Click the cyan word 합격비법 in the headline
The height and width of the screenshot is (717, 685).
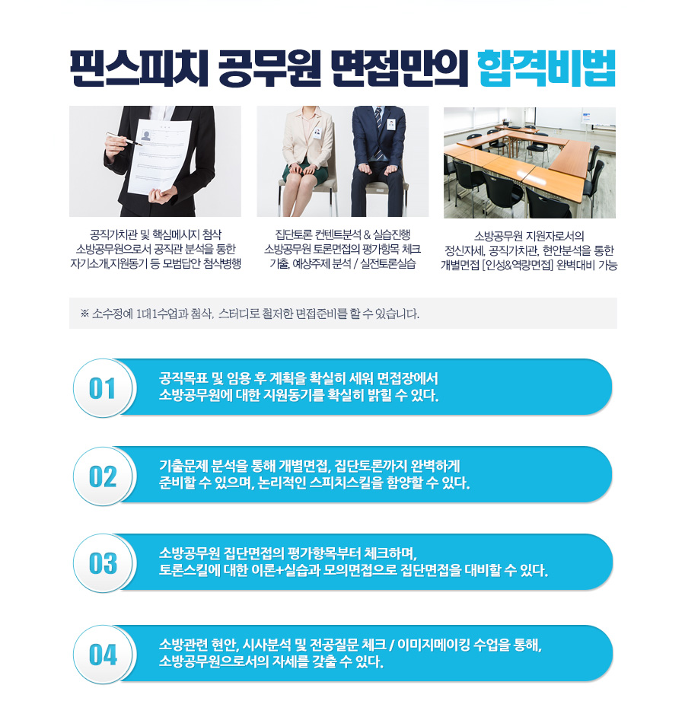click(x=546, y=69)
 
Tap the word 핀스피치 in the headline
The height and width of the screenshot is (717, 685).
click(x=139, y=69)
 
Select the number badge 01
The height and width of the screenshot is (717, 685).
click(x=103, y=389)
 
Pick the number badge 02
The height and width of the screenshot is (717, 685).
click(x=103, y=476)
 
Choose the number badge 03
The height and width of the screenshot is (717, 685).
click(x=103, y=563)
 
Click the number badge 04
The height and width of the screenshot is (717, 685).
click(x=103, y=655)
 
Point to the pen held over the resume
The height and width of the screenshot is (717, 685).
click(x=124, y=139)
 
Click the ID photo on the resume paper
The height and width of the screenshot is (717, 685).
click(x=146, y=135)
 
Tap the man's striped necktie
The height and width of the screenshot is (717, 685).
click(x=378, y=133)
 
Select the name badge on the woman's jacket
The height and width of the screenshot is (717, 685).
click(x=317, y=133)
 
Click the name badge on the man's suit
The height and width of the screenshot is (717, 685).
click(x=391, y=124)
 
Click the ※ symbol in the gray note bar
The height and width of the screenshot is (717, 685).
click(x=84, y=314)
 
